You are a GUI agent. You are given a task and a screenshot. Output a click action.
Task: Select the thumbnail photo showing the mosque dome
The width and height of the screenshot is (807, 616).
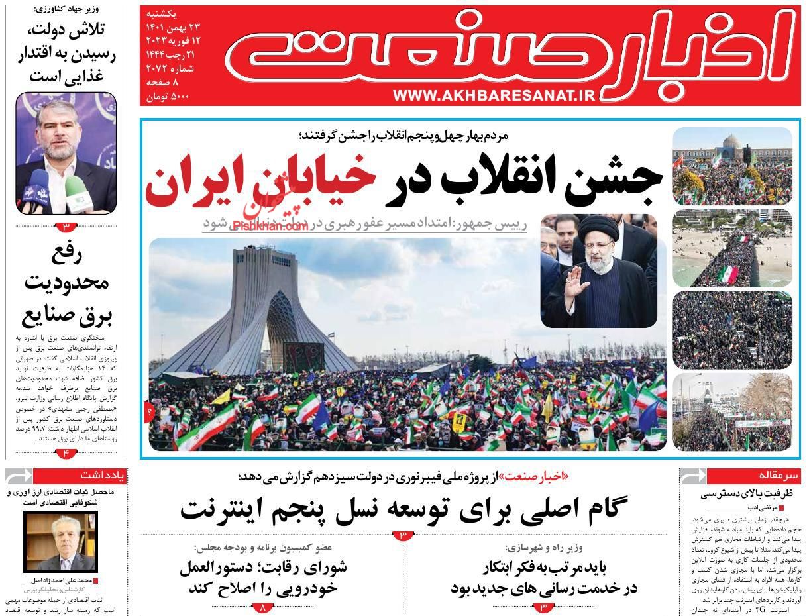(x=732, y=166)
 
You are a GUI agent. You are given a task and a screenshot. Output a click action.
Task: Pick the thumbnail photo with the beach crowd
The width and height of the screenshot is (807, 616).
(x=732, y=248)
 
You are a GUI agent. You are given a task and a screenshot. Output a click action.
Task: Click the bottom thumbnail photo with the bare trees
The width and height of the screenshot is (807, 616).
(x=732, y=412)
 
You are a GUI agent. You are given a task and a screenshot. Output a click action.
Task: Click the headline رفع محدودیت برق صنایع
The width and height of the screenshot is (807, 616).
(x=66, y=285)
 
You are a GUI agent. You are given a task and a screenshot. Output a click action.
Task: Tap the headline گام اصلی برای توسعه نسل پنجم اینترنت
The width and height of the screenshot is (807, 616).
(x=403, y=509)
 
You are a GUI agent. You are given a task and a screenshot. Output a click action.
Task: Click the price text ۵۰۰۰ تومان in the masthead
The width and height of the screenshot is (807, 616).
(x=171, y=96)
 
